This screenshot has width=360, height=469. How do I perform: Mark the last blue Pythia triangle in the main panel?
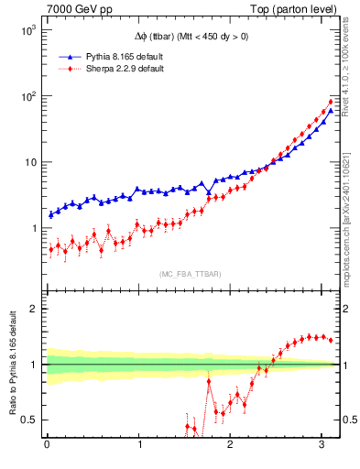[331, 111]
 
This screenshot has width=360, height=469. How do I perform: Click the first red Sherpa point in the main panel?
[50, 249]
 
